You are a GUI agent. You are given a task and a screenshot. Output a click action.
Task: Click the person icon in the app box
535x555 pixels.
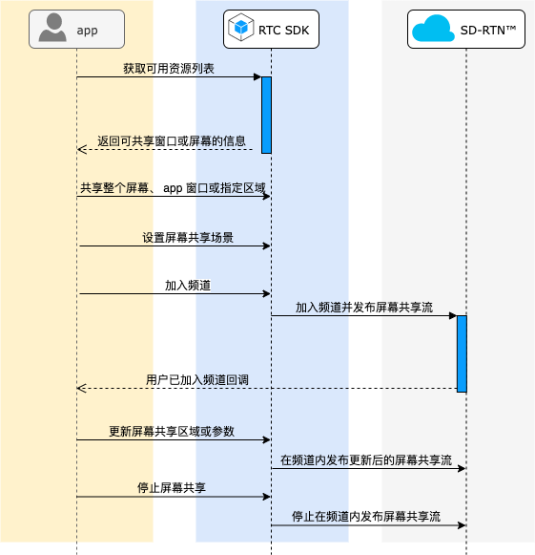(x=52, y=28)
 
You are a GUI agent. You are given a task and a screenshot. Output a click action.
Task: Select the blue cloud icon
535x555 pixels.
(x=433, y=29)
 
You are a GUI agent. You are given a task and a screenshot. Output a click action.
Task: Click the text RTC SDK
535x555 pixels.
(x=284, y=31)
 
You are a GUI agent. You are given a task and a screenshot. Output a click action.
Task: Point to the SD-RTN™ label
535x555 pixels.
(x=488, y=31)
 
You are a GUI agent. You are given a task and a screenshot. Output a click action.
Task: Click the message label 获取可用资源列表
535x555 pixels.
(x=169, y=69)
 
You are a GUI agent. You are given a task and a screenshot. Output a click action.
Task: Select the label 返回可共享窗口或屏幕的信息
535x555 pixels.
(x=172, y=140)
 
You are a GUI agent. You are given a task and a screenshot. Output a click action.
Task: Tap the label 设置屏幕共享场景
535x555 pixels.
(x=188, y=238)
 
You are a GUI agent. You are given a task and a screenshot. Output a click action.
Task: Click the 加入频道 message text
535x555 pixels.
(x=188, y=286)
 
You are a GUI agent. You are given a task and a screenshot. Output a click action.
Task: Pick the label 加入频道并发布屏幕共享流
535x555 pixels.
(x=364, y=308)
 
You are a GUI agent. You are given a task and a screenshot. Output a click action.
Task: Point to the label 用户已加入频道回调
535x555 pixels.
(x=197, y=380)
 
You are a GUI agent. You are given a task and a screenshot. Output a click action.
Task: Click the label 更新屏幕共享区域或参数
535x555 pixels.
(x=172, y=431)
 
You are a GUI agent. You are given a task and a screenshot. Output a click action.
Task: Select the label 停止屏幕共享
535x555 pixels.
(x=172, y=488)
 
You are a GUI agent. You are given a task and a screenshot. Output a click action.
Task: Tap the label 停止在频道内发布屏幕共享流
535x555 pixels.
(x=366, y=517)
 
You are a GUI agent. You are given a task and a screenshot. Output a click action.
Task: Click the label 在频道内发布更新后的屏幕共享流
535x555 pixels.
(x=366, y=459)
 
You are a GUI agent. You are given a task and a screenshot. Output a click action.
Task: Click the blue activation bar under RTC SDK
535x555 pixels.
(x=266, y=115)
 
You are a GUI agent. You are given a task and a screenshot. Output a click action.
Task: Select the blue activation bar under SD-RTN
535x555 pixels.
(x=462, y=354)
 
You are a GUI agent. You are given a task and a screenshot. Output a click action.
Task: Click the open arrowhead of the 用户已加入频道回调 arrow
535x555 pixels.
(x=81, y=388)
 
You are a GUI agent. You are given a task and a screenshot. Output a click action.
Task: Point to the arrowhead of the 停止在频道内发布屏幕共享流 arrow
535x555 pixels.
(x=462, y=525)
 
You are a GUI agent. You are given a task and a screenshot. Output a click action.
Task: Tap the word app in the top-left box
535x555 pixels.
(x=87, y=31)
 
